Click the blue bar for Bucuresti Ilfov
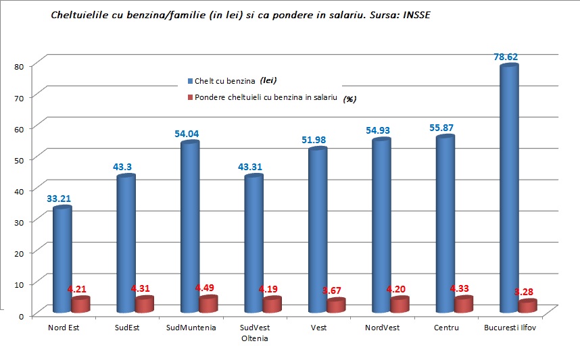click(x=508, y=189)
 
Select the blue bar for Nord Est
click(x=62, y=260)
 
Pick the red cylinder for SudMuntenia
click(x=208, y=304)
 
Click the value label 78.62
click(x=509, y=57)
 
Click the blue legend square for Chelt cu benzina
click(x=190, y=81)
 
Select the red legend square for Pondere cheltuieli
click(x=190, y=97)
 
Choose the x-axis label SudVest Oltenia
click(x=254, y=333)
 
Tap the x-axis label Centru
click(x=447, y=328)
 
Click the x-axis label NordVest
click(x=382, y=328)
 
